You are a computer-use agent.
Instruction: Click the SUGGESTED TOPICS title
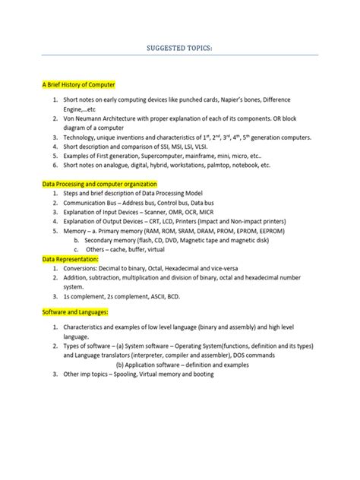click(x=180, y=49)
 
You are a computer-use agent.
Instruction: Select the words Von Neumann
click(x=82, y=120)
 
